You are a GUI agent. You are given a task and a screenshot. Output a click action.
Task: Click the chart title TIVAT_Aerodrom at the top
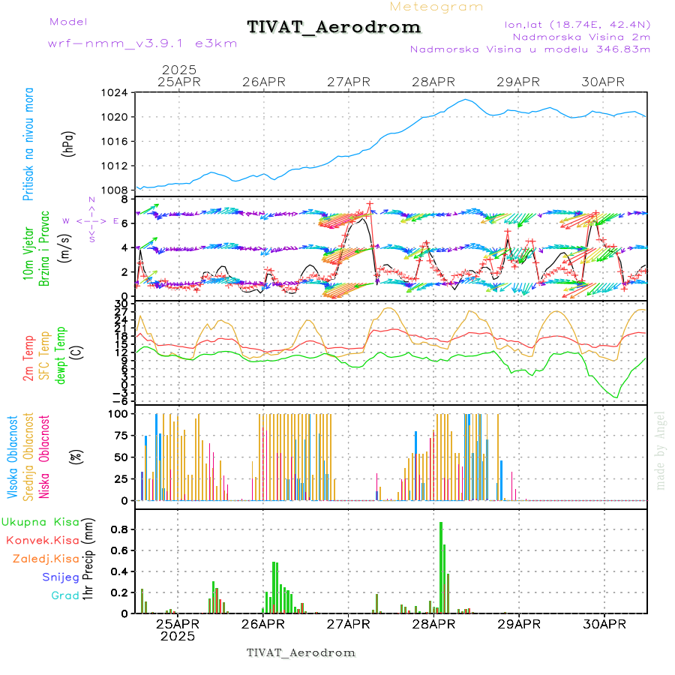[334, 27]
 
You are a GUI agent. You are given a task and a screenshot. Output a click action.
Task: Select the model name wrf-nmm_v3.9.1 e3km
[142, 43]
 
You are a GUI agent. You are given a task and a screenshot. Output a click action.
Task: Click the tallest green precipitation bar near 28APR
[441, 567]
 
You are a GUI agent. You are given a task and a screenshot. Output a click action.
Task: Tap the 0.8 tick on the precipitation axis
[120, 529]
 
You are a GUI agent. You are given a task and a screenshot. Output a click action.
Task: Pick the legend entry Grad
[64, 596]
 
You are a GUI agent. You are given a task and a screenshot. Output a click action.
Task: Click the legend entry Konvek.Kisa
[42, 540]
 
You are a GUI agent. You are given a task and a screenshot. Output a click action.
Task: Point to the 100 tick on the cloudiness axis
[118, 413]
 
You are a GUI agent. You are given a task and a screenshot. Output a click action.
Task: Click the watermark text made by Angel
[661, 450]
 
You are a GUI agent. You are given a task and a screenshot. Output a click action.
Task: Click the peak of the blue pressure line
[466, 99]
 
